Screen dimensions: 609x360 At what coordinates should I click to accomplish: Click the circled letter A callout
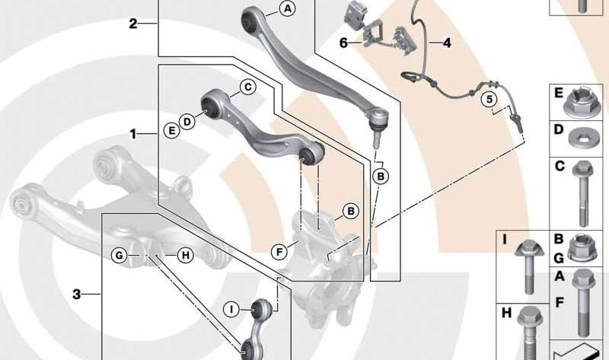click(x=288, y=8)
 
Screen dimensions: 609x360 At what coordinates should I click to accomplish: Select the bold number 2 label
click(x=133, y=24)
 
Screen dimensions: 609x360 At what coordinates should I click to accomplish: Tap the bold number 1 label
click(x=133, y=135)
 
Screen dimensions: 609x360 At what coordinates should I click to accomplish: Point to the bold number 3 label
click(x=77, y=295)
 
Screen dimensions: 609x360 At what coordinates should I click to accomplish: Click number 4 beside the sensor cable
click(x=447, y=43)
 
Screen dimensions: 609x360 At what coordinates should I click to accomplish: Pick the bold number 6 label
click(x=343, y=43)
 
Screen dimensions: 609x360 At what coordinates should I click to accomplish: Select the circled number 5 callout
click(x=489, y=100)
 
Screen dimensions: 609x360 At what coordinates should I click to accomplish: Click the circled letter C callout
click(x=248, y=87)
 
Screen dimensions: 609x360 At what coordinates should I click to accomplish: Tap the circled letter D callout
click(x=187, y=122)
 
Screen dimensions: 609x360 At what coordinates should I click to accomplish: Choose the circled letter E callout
click(x=171, y=130)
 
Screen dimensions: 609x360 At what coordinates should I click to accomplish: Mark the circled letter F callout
click(x=279, y=253)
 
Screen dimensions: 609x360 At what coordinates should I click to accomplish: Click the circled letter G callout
click(x=119, y=255)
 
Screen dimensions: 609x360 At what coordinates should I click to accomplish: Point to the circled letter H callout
click(x=186, y=255)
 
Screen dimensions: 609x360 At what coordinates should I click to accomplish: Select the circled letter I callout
click(x=232, y=309)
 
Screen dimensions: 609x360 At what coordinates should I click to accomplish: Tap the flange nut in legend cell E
click(x=582, y=102)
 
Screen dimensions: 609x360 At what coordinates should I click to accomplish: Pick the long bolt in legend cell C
click(x=582, y=193)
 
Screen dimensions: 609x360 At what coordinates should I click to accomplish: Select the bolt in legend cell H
click(x=528, y=333)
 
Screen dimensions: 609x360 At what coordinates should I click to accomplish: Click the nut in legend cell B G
click(x=582, y=247)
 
